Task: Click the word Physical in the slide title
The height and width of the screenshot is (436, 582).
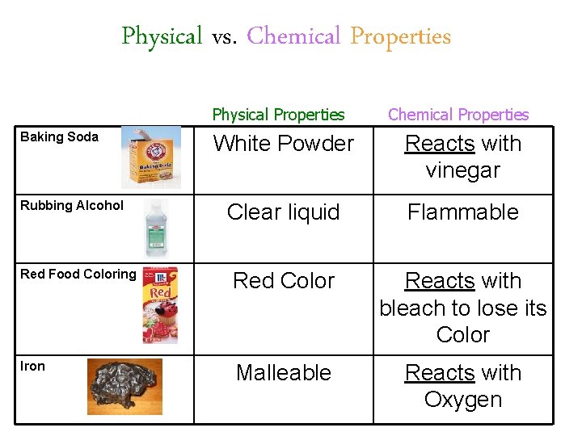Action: (x=162, y=36)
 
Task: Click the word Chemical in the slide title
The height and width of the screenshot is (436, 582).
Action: (x=293, y=36)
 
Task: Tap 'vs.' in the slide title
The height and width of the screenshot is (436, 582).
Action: (x=224, y=37)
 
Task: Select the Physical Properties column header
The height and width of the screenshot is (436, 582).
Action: (x=278, y=115)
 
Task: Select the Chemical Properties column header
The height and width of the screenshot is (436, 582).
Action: (x=458, y=115)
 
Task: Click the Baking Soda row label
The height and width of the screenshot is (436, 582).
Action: (x=59, y=136)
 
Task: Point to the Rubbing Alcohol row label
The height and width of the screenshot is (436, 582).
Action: (x=72, y=205)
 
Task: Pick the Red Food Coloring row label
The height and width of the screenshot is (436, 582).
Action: (x=78, y=274)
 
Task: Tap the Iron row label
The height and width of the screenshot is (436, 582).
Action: (x=32, y=366)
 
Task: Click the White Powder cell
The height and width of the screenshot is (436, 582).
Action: (x=283, y=144)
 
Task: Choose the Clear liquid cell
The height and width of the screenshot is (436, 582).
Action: (x=283, y=212)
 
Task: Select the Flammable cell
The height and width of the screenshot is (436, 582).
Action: (x=463, y=212)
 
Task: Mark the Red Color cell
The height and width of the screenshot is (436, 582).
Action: (x=283, y=281)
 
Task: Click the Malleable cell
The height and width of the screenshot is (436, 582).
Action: (x=283, y=373)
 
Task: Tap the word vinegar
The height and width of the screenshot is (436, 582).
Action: (x=463, y=170)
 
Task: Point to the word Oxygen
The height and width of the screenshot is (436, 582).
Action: (x=463, y=400)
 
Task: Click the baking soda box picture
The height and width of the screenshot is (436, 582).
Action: (x=151, y=158)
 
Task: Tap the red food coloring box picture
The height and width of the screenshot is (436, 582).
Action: (x=160, y=305)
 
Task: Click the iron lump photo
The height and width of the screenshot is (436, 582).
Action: (x=124, y=386)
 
